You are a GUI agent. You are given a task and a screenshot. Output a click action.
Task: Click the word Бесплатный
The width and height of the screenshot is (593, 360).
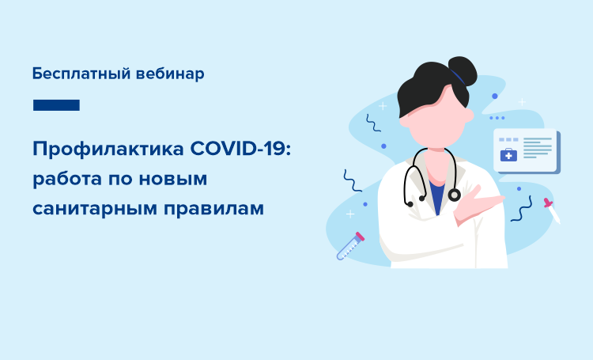point(81,74)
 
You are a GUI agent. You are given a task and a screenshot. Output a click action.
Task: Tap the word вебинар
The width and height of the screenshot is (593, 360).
point(170,74)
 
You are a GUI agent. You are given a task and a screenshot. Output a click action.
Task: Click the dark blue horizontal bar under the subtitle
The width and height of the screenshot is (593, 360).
point(56,105)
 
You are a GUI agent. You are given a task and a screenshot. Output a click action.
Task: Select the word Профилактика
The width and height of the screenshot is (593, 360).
point(108,150)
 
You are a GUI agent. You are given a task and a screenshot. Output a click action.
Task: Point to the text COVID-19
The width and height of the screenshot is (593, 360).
point(240,149)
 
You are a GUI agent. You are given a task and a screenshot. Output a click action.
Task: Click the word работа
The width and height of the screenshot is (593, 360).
point(68,179)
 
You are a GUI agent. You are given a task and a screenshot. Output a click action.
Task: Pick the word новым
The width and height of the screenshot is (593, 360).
point(173,180)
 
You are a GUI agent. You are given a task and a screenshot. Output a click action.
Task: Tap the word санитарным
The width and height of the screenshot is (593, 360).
point(95,209)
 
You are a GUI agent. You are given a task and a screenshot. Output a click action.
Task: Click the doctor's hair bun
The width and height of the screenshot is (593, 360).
point(463,70)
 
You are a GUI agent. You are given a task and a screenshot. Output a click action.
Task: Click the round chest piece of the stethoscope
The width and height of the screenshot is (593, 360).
point(454,195)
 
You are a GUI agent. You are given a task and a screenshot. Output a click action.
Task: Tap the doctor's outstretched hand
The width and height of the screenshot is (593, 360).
point(478,203)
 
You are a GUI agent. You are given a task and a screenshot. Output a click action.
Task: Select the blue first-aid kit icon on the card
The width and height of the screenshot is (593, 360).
point(508,155)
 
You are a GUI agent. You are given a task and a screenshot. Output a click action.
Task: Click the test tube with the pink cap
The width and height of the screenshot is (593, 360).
point(350,246)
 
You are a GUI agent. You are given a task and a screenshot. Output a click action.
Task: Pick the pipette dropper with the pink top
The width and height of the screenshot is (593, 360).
point(552,210)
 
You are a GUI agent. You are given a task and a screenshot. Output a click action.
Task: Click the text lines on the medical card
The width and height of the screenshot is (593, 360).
point(538,148)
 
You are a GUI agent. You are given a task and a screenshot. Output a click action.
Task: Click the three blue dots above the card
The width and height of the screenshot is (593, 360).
point(497,118)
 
